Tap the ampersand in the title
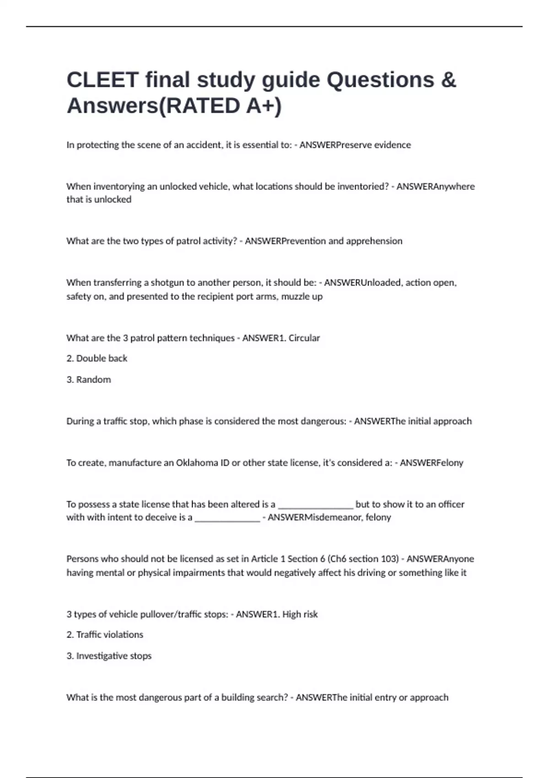(x=449, y=80)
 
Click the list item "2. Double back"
(x=97, y=358)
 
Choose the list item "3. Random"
(x=89, y=379)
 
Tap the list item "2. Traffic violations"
(x=105, y=635)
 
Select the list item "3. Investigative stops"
(x=109, y=656)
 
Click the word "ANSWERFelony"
(x=431, y=463)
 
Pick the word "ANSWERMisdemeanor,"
(x=315, y=518)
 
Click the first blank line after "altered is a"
(x=316, y=505)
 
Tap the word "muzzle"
(x=296, y=297)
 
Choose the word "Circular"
(x=304, y=338)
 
